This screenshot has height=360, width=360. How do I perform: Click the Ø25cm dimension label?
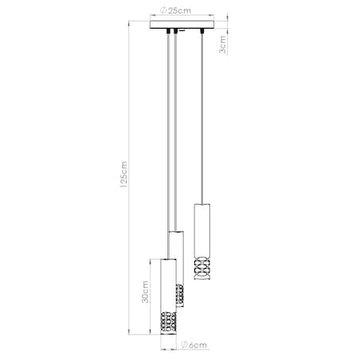(x=175, y=12)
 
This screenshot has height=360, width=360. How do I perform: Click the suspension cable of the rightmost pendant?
(x=202, y=119)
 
